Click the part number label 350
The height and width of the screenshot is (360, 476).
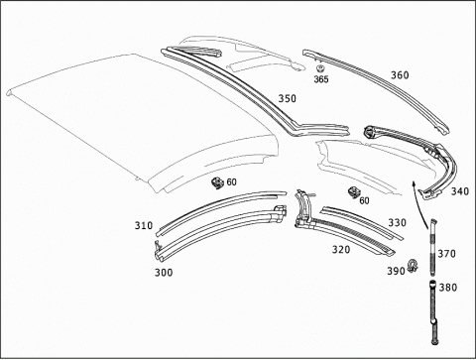287,98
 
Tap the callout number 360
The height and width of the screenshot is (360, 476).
400,75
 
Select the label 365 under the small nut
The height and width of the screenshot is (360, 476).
321,79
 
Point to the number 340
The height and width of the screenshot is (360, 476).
460,191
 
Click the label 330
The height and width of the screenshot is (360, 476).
397,223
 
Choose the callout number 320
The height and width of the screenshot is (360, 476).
341,249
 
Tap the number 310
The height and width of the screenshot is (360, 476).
144,225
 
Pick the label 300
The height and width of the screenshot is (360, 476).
164,273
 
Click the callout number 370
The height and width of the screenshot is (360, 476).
446,254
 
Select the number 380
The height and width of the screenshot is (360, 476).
448,288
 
